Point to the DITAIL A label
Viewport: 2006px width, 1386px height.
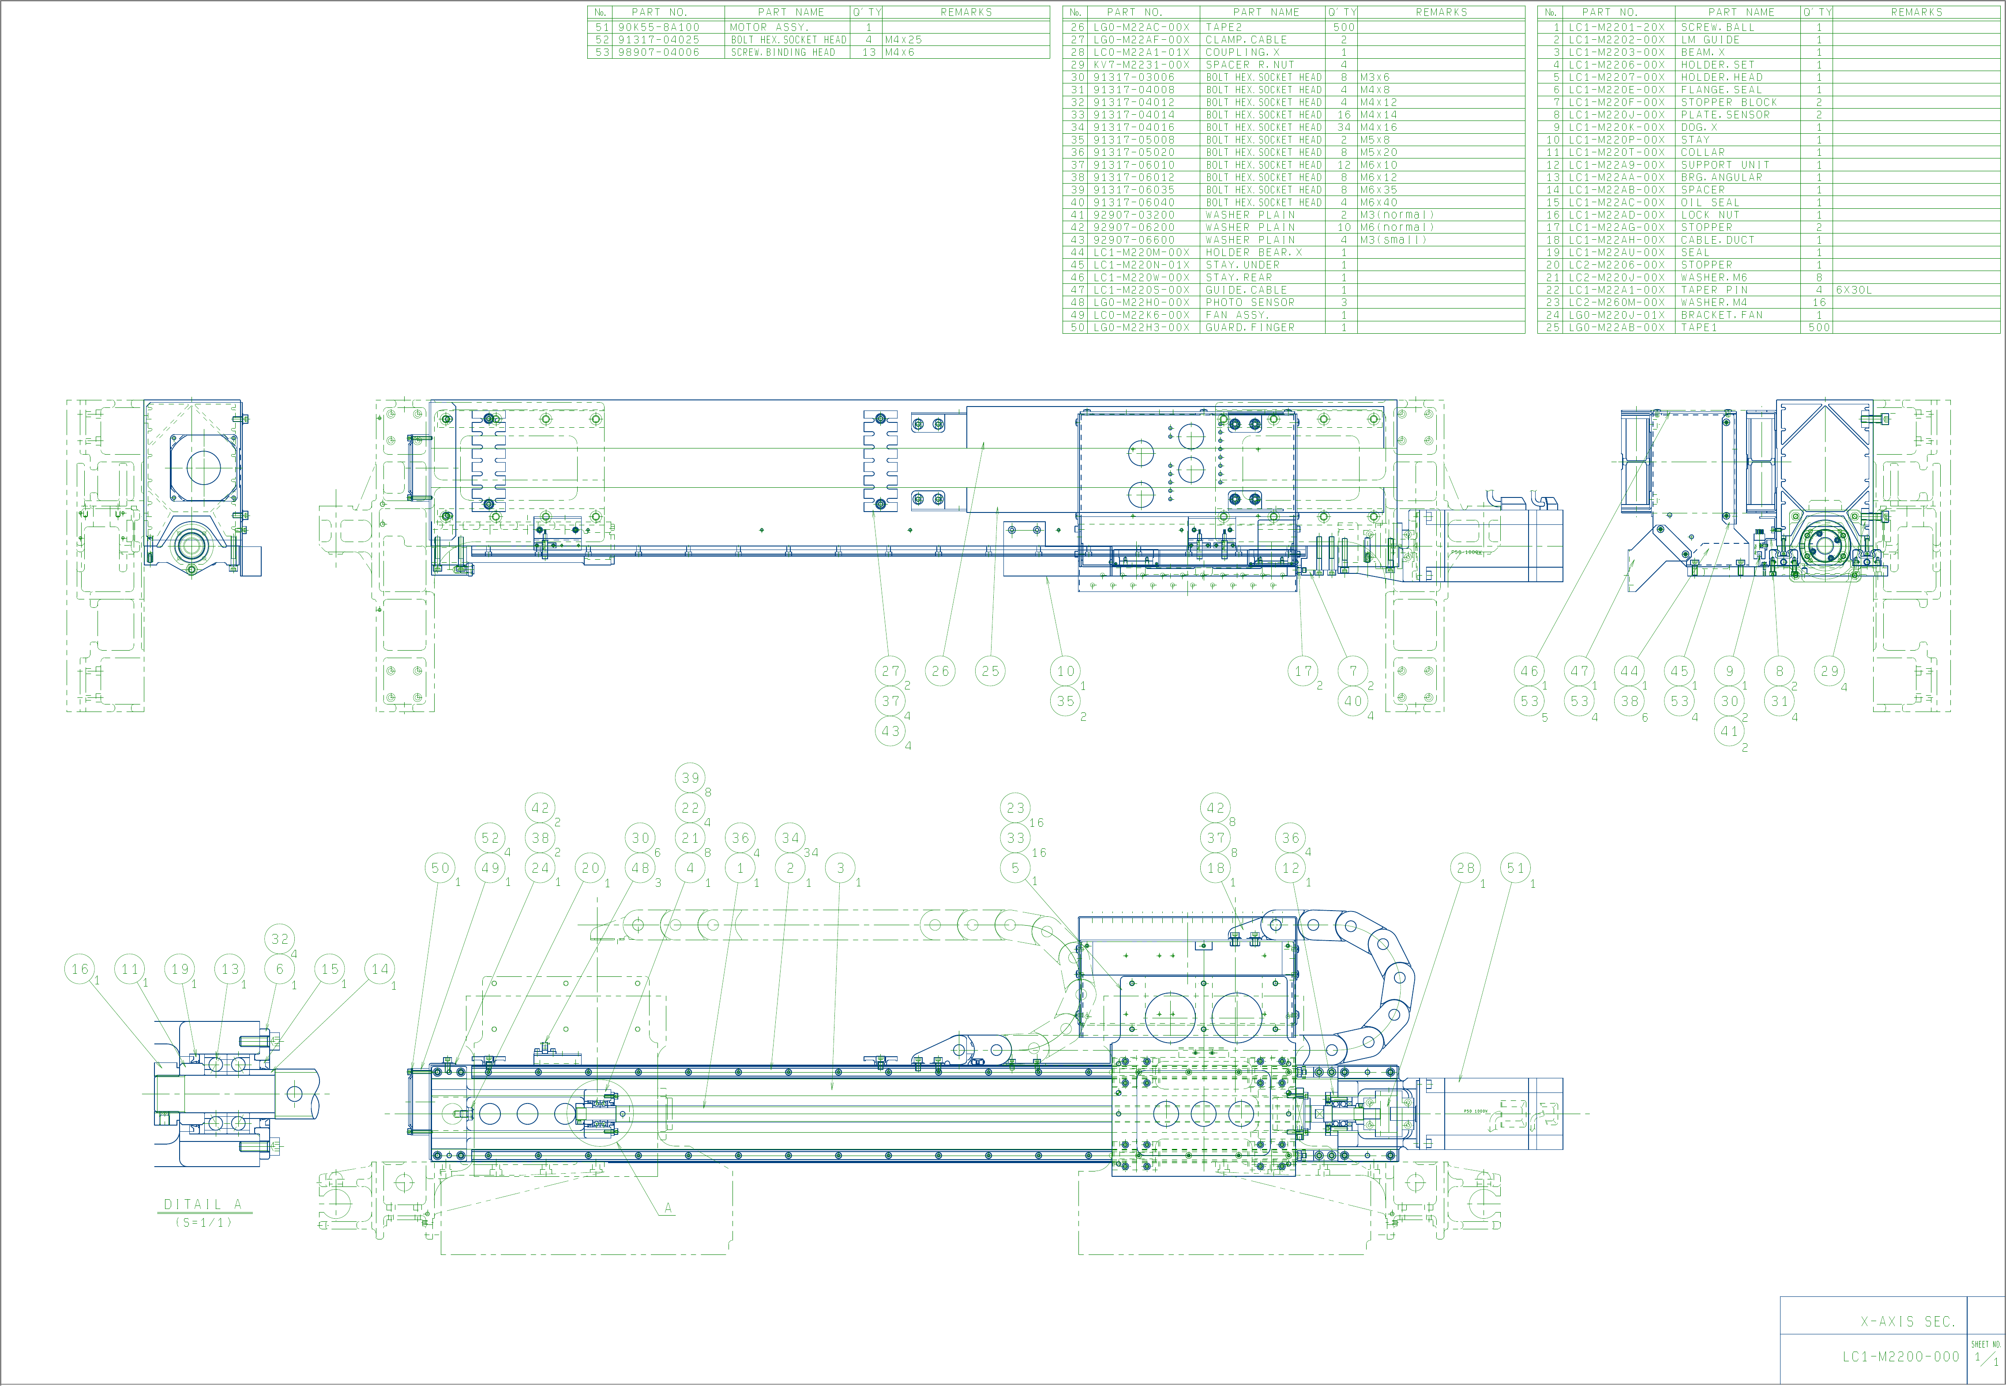(x=203, y=1205)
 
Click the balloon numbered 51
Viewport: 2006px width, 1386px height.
(x=1516, y=867)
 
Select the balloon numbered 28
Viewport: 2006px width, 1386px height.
(x=1465, y=867)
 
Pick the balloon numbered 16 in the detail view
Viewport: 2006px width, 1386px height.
(x=80, y=969)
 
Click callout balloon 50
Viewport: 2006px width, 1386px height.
(x=441, y=867)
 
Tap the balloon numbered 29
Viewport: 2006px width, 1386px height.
(x=1830, y=671)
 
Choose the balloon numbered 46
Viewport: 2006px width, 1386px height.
(x=1529, y=671)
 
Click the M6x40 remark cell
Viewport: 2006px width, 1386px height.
(x=1379, y=202)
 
